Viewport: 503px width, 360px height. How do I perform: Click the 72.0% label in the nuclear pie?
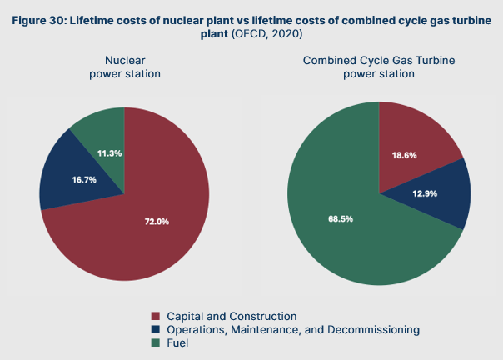click(x=157, y=221)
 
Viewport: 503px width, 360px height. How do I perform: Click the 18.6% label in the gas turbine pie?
click(x=405, y=156)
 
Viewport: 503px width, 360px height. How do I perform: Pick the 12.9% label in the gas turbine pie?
click(x=426, y=192)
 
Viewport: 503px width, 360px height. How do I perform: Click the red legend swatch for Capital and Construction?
click(x=155, y=317)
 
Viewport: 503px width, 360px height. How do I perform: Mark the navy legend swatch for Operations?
click(x=155, y=330)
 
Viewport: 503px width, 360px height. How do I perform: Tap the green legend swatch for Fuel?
click(x=155, y=343)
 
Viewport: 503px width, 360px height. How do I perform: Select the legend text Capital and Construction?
click(x=232, y=317)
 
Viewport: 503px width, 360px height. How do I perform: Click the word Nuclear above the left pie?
click(x=124, y=61)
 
